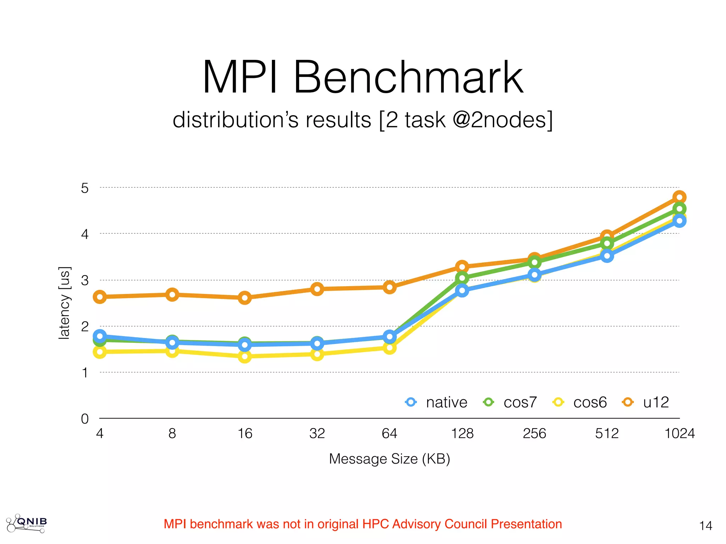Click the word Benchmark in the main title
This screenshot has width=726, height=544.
pyautogui.click(x=408, y=77)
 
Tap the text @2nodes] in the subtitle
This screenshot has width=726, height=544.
pyautogui.click(x=503, y=120)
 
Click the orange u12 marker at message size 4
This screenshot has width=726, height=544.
pyautogui.click(x=100, y=297)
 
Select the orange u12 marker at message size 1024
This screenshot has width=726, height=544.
pyautogui.click(x=679, y=197)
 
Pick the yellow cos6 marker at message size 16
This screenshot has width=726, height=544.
pyautogui.click(x=245, y=356)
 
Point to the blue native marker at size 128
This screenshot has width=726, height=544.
pyautogui.click(x=462, y=291)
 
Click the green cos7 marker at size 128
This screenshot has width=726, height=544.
pyautogui.click(x=462, y=278)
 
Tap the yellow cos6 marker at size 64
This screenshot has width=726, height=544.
pyautogui.click(x=390, y=348)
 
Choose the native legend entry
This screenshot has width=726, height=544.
pyautogui.click(x=437, y=402)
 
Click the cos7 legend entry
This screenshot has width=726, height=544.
pyautogui.click(x=510, y=402)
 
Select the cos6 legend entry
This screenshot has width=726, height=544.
pyautogui.click(x=580, y=402)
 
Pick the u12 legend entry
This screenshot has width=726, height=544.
pyautogui.click(x=646, y=402)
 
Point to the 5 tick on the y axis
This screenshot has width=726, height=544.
pyautogui.click(x=85, y=188)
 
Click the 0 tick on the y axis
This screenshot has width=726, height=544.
pyautogui.click(x=85, y=419)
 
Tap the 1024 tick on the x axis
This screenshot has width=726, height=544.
pyautogui.click(x=679, y=433)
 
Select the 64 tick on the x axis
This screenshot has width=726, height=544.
pyautogui.click(x=390, y=433)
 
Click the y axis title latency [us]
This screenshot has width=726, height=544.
pyautogui.click(x=65, y=303)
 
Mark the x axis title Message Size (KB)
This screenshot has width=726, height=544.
pyautogui.click(x=389, y=459)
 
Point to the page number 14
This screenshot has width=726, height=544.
pyautogui.click(x=705, y=526)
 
